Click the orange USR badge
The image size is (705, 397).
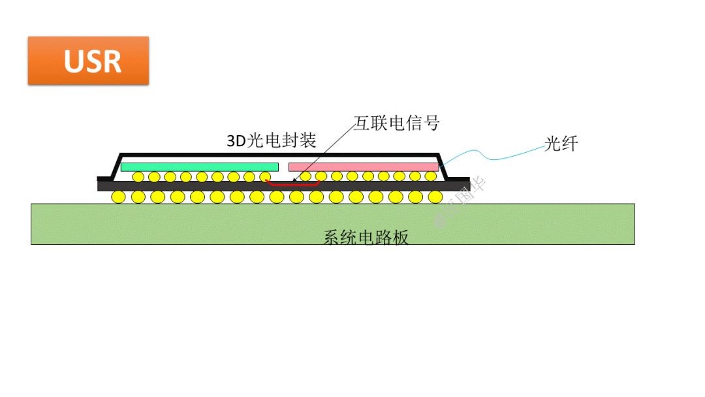(88, 61)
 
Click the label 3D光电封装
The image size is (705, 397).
(271, 140)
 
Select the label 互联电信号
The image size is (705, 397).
(397, 123)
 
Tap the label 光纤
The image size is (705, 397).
(561, 144)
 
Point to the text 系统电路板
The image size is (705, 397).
(366, 238)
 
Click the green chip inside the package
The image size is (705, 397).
(200, 167)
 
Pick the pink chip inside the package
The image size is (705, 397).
(363, 167)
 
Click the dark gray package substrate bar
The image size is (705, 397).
(196, 186)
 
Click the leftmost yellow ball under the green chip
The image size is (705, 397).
(138, 176)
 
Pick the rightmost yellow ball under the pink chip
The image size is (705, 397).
(430, 176)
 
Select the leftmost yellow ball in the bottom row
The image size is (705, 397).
(117, 197)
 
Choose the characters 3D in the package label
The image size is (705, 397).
(234, 141)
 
